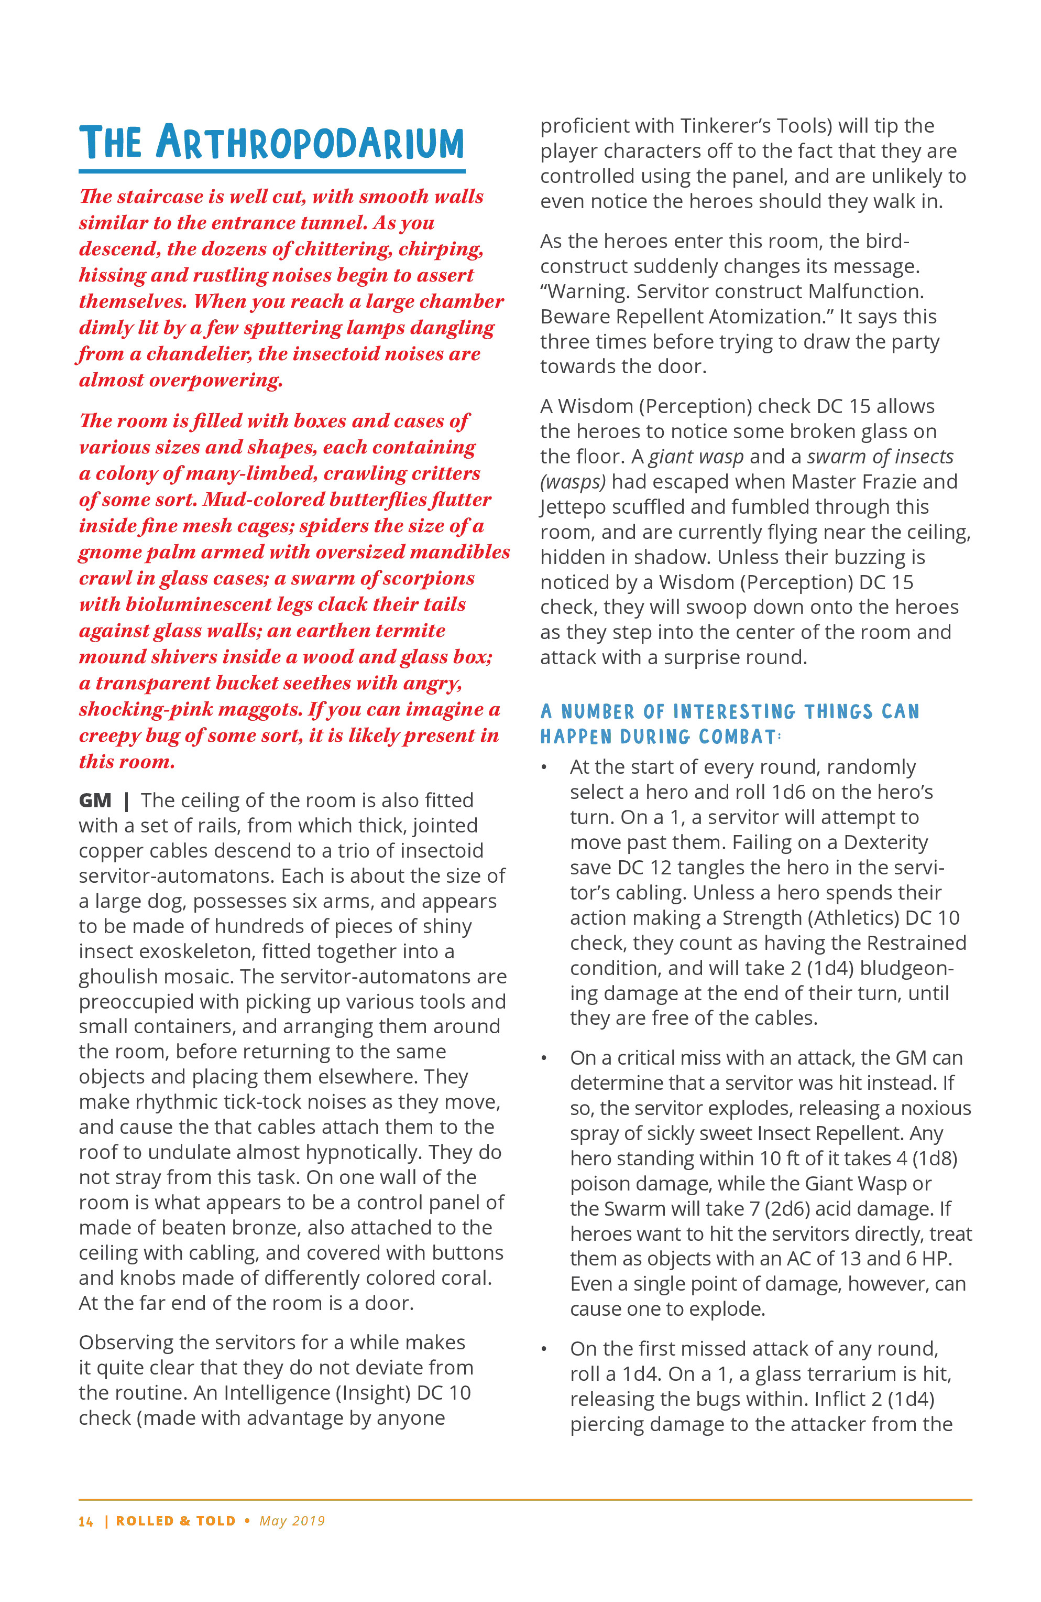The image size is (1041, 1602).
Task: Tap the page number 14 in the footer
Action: [86, 1521]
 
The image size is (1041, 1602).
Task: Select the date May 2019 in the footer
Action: [292, 1521]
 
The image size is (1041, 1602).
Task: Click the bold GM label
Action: [95, 800]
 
